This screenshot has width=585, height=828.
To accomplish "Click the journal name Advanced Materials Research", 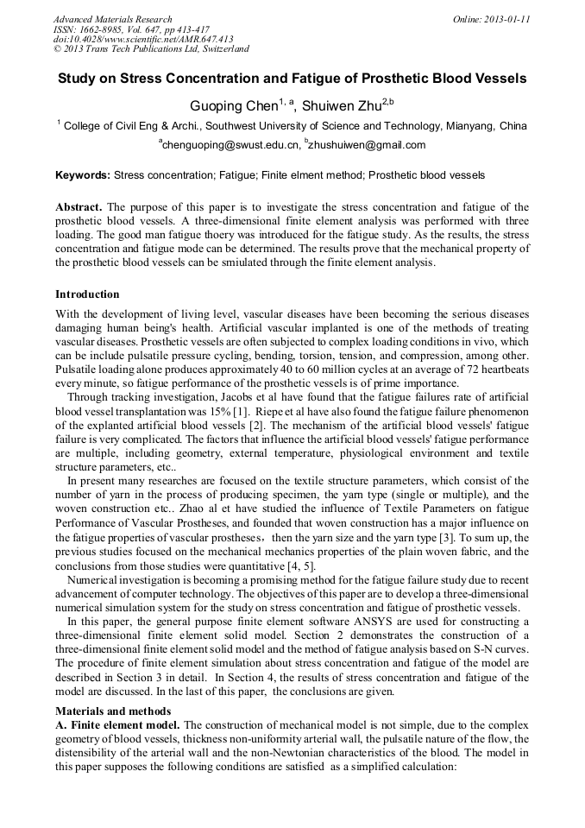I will click(x=113, y=19).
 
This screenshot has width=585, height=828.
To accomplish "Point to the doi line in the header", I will click(x=143, y=40).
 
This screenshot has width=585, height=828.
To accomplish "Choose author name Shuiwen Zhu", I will click(x=340, y=105).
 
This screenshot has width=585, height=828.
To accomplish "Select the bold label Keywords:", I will click(x=83, y=175).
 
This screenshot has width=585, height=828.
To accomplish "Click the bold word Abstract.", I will click(x=79, y=208).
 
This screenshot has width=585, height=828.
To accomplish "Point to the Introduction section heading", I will click(x=87, y=295).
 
